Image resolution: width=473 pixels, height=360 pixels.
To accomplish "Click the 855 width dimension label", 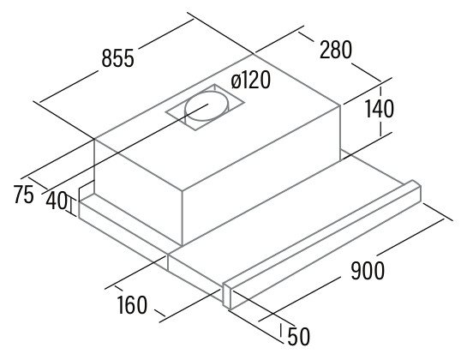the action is click(x=117, y=58).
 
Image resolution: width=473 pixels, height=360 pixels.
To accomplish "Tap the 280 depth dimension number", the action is click(x=336, y=50).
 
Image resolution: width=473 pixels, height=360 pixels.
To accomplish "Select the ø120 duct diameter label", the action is click(x=251, y=81).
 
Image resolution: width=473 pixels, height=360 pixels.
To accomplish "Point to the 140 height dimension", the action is click(x=380, y=109).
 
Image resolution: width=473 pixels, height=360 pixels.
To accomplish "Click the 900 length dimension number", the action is click(x=368, y=270).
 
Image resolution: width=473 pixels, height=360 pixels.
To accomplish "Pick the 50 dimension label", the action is click(x=299, y=337).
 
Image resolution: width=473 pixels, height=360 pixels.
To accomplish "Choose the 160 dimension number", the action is click(x=132, y=305).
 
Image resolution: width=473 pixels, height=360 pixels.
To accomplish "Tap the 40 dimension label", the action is click(x=57, y=201).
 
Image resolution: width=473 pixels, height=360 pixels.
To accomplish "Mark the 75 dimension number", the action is click(x=23, y=195).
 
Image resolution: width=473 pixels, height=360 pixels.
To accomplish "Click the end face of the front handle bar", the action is click(x=226, y=297).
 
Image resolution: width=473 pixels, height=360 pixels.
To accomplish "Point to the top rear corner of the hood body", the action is click(x=254, y=55).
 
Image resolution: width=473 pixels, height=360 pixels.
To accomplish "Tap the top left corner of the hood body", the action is click(x=94, y=140).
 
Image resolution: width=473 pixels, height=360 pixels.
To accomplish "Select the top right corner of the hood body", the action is click(x=341, y=105).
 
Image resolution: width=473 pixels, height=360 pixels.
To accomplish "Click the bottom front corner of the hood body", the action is click(x=183, y=245).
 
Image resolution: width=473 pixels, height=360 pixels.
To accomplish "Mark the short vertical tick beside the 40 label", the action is click(x=72, y=207).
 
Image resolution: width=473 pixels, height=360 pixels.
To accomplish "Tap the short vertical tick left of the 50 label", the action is click(x=281, y=330).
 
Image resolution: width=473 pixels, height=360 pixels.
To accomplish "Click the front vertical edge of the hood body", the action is click(x=183, y=218).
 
